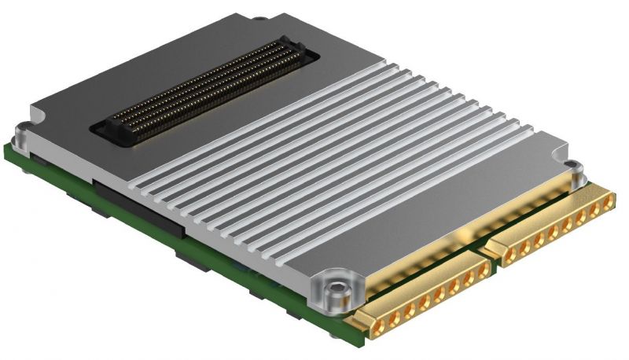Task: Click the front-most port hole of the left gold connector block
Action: (x=373, y=318)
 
